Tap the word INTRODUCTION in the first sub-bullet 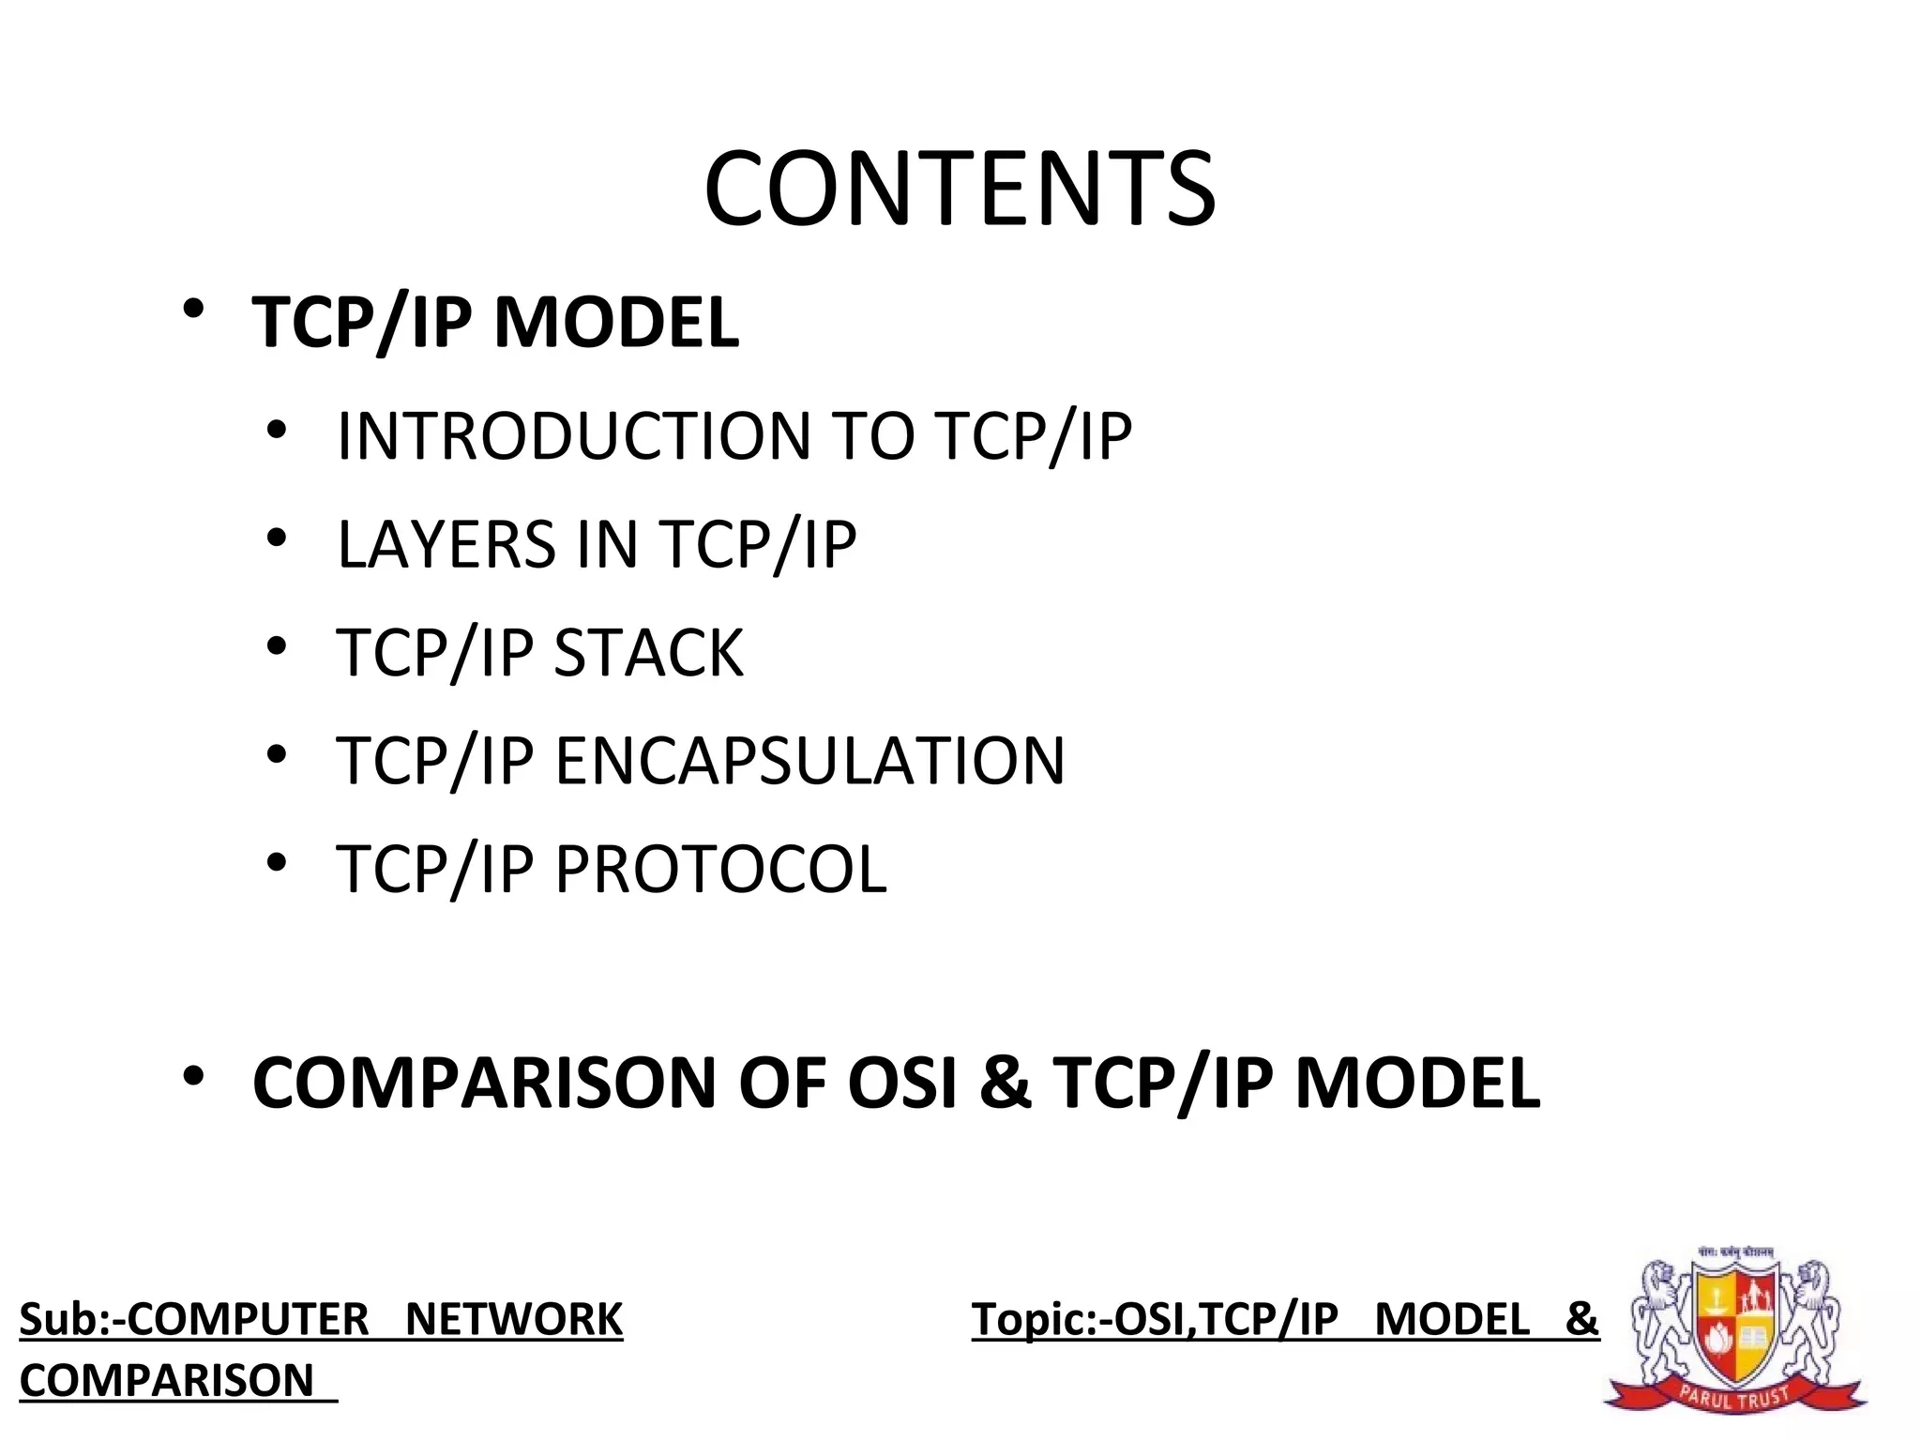coord(573,436)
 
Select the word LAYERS coord(446,544)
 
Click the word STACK coord(649,652)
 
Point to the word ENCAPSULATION coord(810,760)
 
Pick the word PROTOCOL coord(720,868)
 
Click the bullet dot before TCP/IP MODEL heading coord(193,309)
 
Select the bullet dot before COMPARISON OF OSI coord(193,1075)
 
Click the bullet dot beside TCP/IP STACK coord(275,646)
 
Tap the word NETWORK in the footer coord(513,1319)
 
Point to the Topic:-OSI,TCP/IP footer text coord(1155,1319)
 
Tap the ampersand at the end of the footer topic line coord(1581,1319)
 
